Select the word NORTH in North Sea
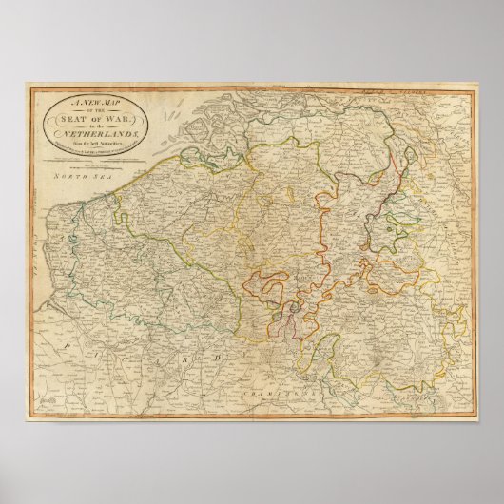click(x=68, y=178)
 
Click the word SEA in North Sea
click(x=93, y=178)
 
